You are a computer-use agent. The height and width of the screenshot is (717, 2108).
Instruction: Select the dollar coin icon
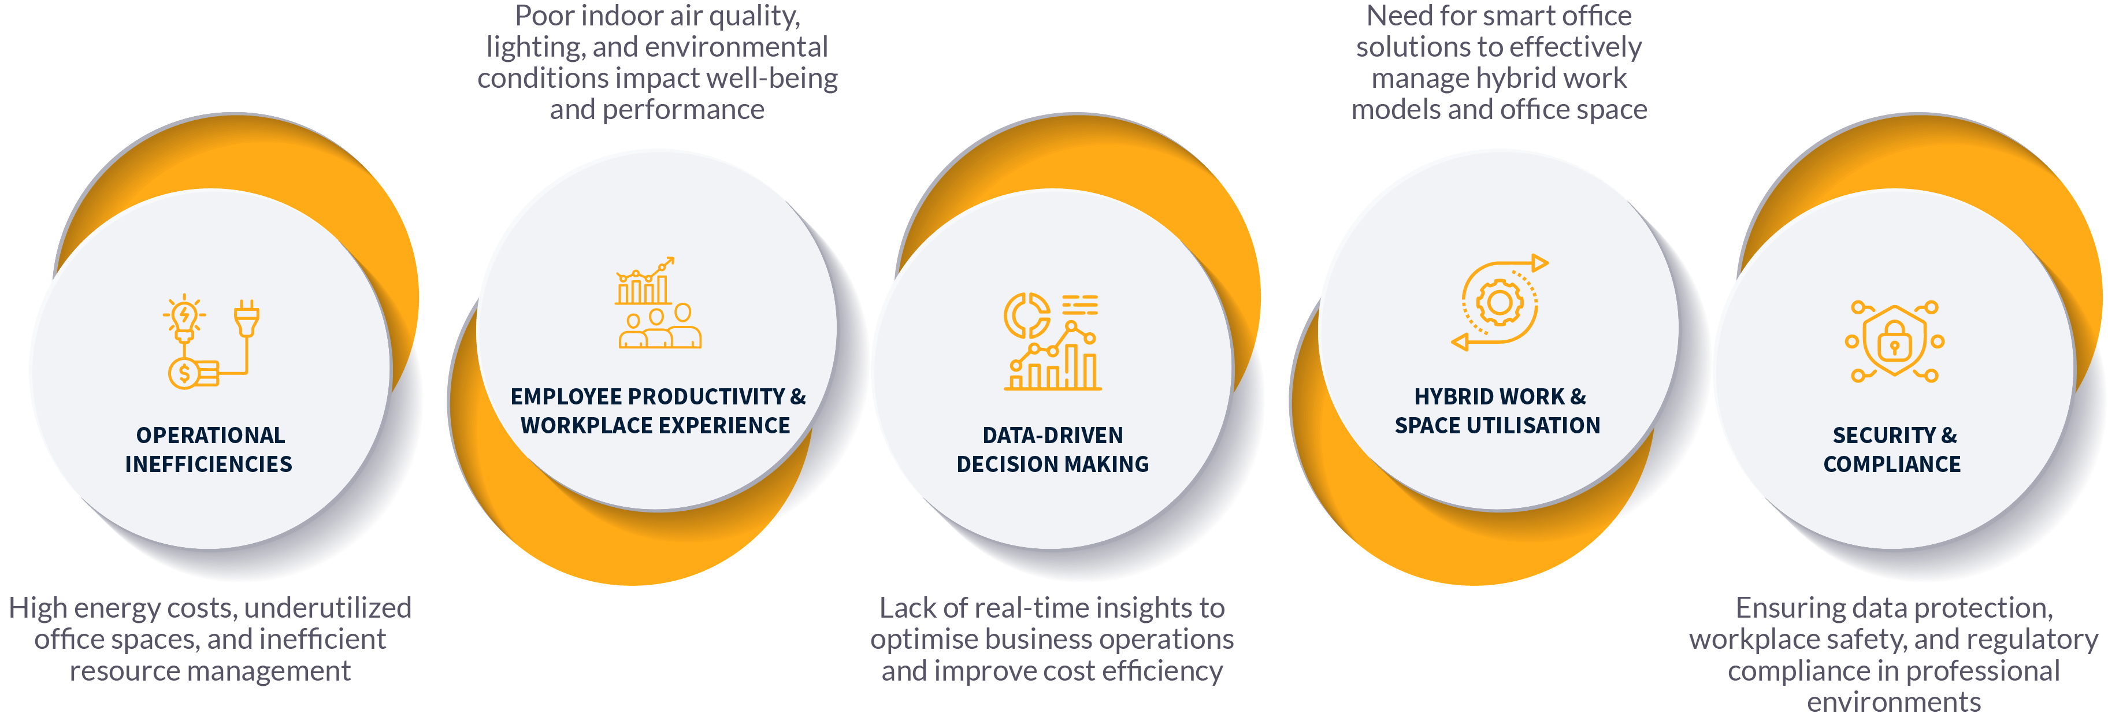[x=185, y=374]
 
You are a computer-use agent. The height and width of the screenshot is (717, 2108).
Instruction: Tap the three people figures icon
[x=659, y=328]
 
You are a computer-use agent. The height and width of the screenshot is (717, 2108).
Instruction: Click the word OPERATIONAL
[x=210, y=436]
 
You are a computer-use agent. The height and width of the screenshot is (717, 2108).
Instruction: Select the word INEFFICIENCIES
[x=209, y=464]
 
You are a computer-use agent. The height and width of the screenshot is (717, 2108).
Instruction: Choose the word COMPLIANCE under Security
[x=1892, y=464]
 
